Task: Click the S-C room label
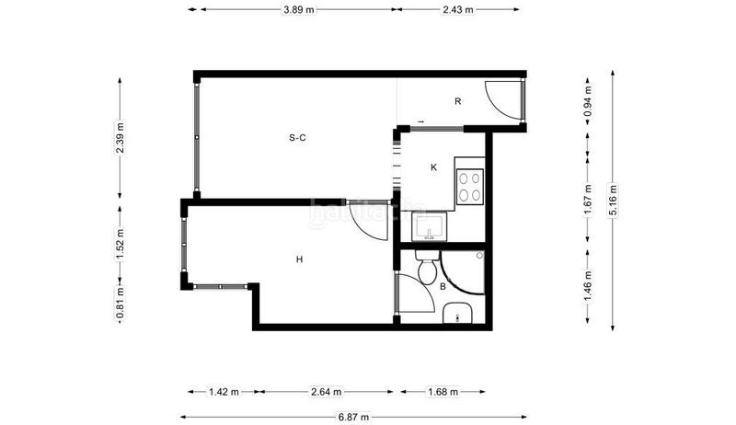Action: [297, 138]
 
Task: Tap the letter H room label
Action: [299, 260]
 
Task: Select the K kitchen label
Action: [433, 167]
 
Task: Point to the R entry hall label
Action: [457, 101]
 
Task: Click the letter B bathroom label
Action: [443, 287]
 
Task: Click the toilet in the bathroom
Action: [427, 270]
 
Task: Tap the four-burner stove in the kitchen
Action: [469, 187]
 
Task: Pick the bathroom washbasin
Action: [457, 316]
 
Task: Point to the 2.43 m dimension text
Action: [457, 10]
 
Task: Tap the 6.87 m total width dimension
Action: [353, 417]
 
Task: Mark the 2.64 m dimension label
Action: [326, 392]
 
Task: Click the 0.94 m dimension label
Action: [588, 97]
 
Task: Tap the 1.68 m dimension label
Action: [443, 392]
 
